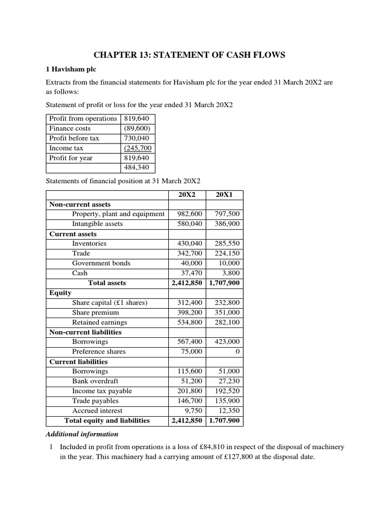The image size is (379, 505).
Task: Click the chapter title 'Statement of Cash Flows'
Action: [x=189, y=55]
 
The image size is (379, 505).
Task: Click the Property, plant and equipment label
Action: [x=118, y=214]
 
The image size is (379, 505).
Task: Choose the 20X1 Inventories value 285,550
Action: [x=227, y=244]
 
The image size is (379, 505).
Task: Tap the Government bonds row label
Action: [x=101, y=263]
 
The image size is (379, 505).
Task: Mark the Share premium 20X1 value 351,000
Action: [x=227, y=313]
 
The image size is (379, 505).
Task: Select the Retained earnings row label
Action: [x=99, y=323]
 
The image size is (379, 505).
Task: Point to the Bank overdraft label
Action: [x=95, y=381]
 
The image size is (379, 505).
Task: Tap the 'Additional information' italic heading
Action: [x=82, y=434]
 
